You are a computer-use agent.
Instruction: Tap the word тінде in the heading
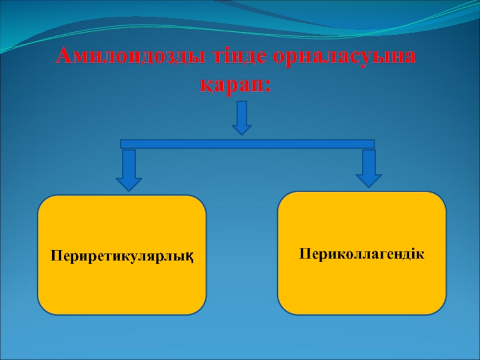(236, 58)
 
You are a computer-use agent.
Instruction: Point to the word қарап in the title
(231, 84)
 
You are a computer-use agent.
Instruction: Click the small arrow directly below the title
(241, 117)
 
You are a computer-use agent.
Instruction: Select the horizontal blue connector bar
(247, 144)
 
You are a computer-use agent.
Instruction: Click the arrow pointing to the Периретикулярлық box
(128, 170)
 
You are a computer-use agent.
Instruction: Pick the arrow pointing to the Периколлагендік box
(368, 169)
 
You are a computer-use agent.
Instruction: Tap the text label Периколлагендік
(362, 254)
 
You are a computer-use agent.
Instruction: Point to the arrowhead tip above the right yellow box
(368, 187)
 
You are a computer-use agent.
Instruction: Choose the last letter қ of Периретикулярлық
(197, 257)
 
